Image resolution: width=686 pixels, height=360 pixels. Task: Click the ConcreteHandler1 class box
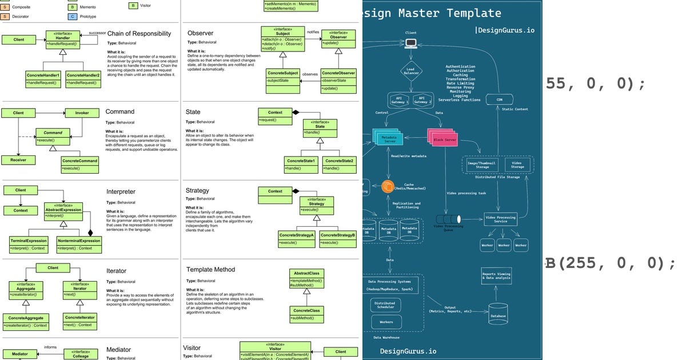click(43, 79)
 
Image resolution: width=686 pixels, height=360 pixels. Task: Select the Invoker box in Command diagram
click(81, 113)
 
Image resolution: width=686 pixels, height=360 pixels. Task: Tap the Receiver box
click(19, 160)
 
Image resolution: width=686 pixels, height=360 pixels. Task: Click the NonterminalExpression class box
click(79, 244)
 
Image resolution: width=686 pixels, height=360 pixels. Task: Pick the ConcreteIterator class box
click(80, 321)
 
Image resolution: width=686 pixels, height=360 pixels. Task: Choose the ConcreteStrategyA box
click(296, 239)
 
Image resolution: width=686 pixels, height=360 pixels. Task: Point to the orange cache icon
click(388, 186)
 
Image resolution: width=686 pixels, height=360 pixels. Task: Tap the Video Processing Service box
click(500, 219)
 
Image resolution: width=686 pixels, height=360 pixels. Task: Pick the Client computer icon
click(410, 43)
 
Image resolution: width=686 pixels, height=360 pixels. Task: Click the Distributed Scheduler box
click(384, 306)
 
